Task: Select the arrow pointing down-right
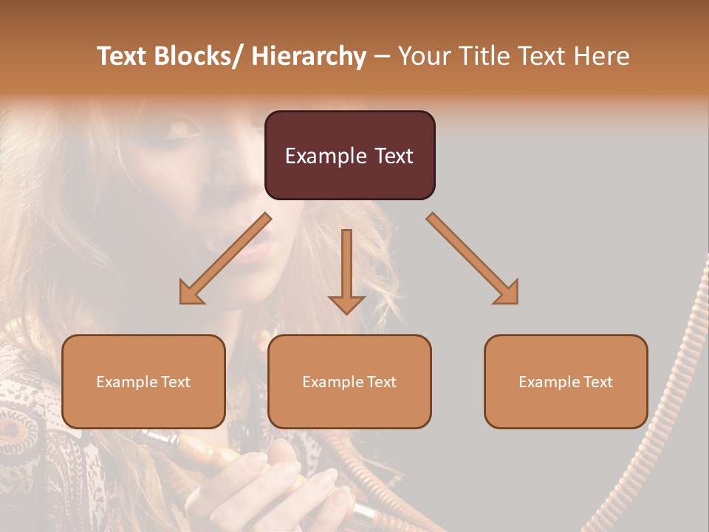pos(473,259)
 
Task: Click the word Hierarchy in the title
pos(309,56)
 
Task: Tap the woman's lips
pos(253,251)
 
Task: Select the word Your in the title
pos(424,56)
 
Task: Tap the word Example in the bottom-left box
pos(127,382)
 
